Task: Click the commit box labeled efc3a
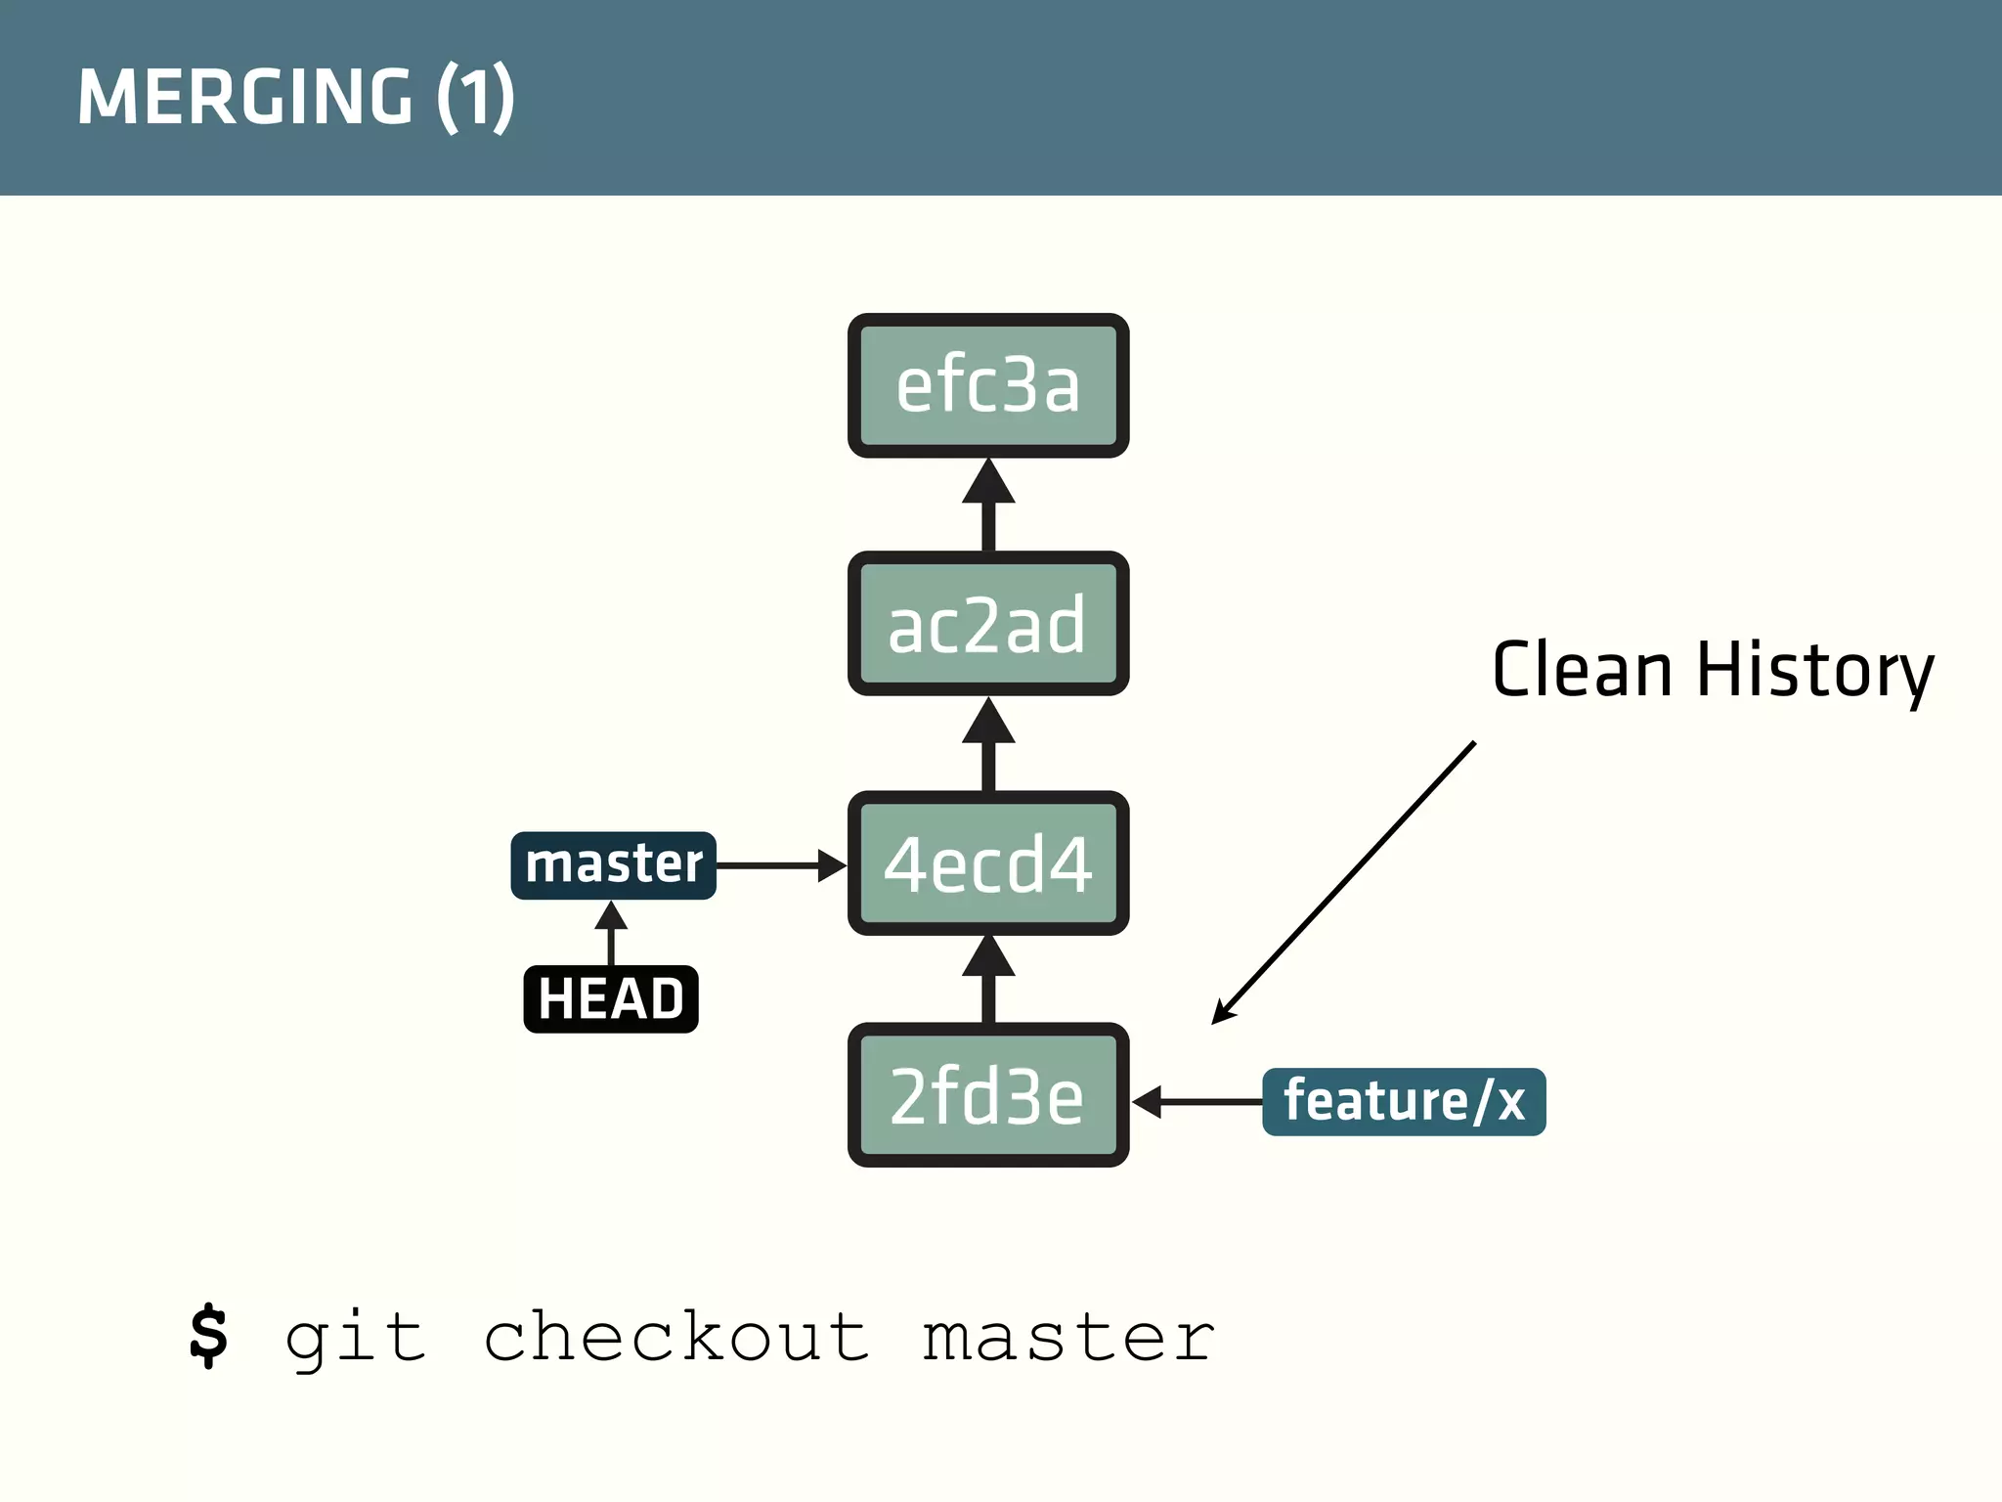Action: pos(988,385)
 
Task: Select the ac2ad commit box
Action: pos(988,624)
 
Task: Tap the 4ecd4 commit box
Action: pos(988,863)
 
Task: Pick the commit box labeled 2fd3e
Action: pos(988,1095)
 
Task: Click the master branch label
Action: pos(613,865)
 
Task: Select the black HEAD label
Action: pos(611,998)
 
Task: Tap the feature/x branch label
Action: pos(1404,1101)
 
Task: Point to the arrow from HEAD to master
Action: pos(611,933)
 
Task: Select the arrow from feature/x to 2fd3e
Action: pos(1197,1101)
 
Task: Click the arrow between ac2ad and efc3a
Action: pos(988,505)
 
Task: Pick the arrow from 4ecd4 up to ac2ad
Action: pos(988,744)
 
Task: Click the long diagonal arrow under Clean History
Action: pos(1344,882)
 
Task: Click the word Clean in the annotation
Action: pos(1582,671)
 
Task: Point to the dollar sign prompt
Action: pos(208,1336)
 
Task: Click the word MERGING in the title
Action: pos(245,97)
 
